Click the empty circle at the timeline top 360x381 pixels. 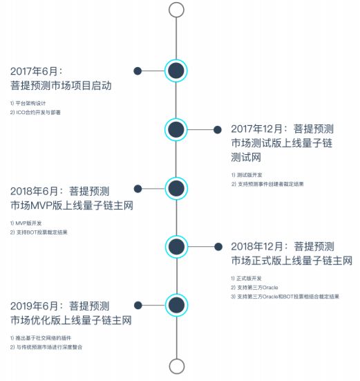click(176, 3)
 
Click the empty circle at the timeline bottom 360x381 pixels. click(176, 360)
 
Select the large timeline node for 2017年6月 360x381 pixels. click(176, 71)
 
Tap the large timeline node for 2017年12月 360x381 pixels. click(176, 129)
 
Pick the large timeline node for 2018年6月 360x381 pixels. click(176, 188)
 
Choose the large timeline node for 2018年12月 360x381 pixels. click(176, 247)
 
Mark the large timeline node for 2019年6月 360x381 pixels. click(176, 305)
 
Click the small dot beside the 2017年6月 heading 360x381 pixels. click(138, 71)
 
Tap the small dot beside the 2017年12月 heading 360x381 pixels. click(218, 130)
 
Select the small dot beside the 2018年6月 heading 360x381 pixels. click(138, 189)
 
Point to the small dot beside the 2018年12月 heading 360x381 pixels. click(218, 247)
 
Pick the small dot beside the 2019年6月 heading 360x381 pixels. click(138, 306)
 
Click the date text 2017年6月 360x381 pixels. click(34, 71)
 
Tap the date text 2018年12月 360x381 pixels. click(257, 246)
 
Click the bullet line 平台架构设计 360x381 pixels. click(28, 103)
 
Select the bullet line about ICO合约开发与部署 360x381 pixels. click(35, 112)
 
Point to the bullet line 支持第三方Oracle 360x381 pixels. click(254, 288)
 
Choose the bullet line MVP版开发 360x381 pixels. click(26, 223)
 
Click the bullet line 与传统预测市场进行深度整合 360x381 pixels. click(46, 347)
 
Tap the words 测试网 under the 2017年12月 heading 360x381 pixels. click(246, 157)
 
